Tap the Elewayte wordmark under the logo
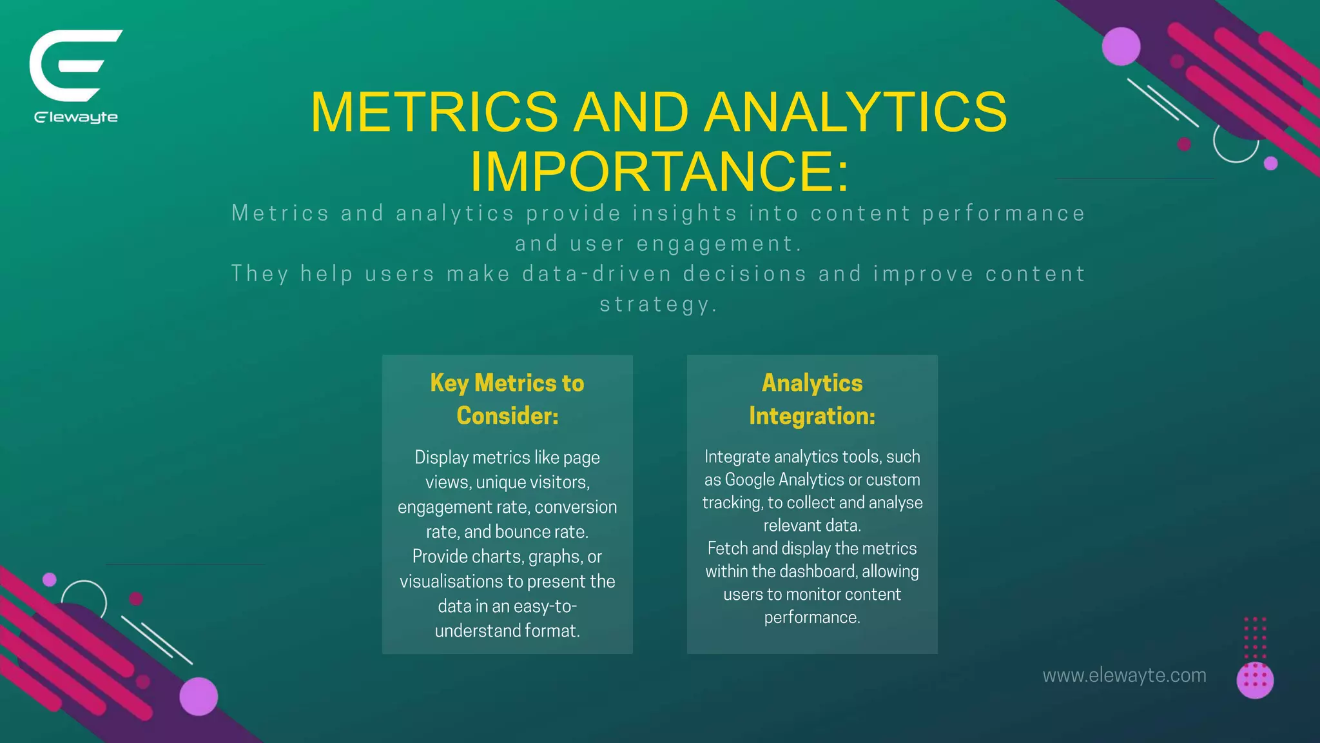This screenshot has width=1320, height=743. click(76, 117)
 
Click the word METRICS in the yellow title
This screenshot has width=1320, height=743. click(434, 112)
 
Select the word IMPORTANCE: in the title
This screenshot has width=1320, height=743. click(659, 172)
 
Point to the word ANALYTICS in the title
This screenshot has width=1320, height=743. click(855, 112)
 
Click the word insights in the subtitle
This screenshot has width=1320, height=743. click(684, 213)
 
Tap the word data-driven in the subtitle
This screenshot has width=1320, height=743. click(597, 274)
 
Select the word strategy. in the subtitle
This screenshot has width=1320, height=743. click(658, 304)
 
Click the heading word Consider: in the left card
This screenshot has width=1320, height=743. click(507, 416)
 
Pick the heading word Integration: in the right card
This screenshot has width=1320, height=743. click(812, 416)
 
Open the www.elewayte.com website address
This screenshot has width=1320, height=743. click(1124, 675)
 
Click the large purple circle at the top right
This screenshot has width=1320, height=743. click(1121, 46)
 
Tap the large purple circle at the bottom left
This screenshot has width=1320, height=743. click(199, 697)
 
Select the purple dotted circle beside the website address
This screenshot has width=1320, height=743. click(1255, 680)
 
